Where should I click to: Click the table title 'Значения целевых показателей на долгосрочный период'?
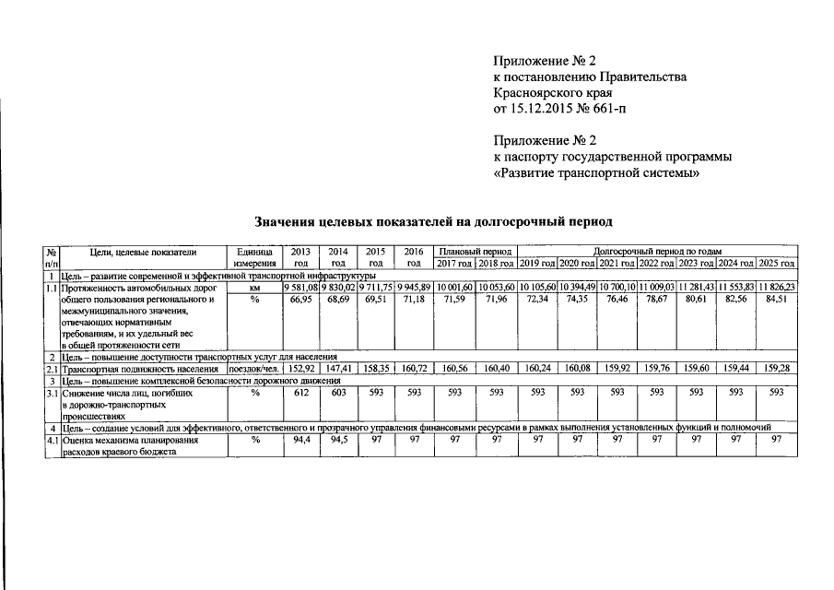coord(432,222)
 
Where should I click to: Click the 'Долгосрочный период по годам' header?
coord(657,251)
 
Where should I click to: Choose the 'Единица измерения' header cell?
coord(254,257)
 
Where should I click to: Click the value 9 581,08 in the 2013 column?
coord(300,288)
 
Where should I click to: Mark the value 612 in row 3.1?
coord(300,392)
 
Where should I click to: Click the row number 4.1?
coord(53,440)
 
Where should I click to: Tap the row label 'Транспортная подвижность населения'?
coord(140,369)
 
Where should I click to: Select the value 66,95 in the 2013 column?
coord(301,301)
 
